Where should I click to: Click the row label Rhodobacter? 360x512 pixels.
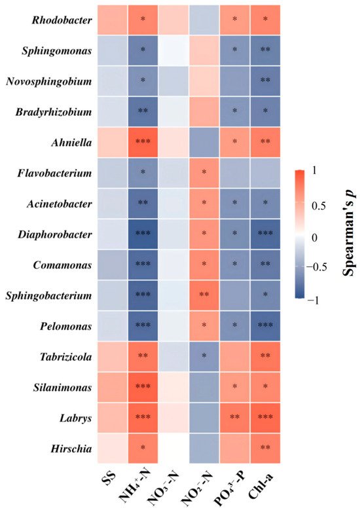pos(62,20)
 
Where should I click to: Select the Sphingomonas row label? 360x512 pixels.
pos(57,51)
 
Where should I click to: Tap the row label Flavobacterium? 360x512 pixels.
pos(54,173)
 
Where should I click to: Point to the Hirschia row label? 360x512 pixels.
pos(71,448)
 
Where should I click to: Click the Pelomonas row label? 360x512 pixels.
pos(66,326)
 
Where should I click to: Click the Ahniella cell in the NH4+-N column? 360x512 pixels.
pos(143,143)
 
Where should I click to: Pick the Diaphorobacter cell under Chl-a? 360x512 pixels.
pos(265,234)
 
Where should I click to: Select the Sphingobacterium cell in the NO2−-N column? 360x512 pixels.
pos(204,295)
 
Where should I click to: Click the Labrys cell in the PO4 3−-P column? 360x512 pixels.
pos(235,418)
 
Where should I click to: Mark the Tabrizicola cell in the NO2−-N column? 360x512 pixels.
pos(204,357)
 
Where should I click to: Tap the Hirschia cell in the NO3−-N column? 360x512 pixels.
pos(173,448)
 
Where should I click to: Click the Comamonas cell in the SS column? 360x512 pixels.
pos(113,265)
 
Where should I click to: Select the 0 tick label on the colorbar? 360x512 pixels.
pos(314,238)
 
